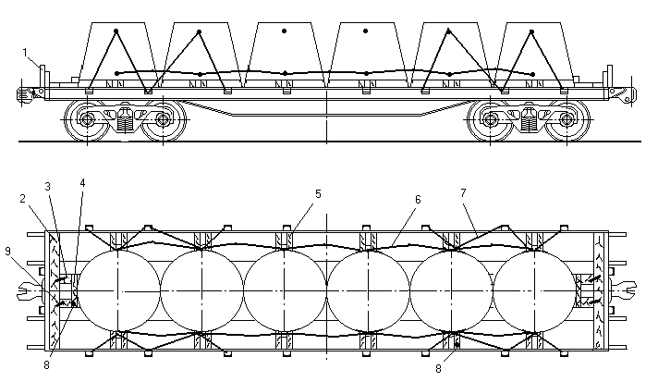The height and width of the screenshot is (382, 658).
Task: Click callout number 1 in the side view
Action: click(25, 53)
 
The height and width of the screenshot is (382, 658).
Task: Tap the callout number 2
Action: click(23, 199)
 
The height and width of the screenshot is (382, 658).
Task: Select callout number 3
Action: click(47, 187)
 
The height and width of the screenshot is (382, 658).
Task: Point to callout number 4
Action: click(82, 183)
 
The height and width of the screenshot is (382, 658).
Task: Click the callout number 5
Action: click(318, 194)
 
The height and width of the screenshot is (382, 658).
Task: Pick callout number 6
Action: click(418, 200)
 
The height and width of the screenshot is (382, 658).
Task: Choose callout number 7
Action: click(463, 192)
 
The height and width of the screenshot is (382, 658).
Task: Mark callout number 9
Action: click(7, 251)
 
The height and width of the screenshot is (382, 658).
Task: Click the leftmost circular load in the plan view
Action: click(119, 291)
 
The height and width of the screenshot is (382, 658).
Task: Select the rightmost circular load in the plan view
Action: click(534, 291)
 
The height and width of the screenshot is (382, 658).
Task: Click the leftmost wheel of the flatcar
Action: click(87, 119)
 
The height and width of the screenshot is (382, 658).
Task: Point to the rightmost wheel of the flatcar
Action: click(567, 119)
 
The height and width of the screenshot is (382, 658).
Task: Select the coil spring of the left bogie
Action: click(125, 123)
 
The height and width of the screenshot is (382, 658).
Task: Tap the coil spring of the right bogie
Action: click(529, 123)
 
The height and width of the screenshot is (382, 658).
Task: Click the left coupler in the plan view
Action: click(30, 291)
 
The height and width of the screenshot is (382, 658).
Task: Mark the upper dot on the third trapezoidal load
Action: click(284, 31)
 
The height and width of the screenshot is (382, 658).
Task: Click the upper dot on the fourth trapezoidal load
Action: click(366, 31)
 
